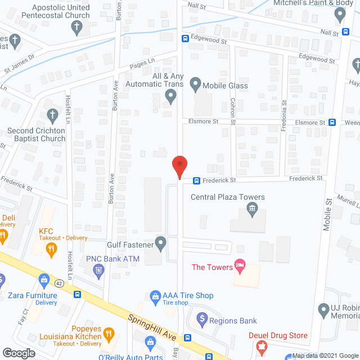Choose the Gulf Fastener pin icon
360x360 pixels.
pos(161,244)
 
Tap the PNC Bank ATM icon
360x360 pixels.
pos(98,271)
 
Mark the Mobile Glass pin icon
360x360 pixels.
pos(195,85)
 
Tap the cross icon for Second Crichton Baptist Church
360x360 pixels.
pos(52,116)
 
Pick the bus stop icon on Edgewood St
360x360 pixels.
pos(184,39)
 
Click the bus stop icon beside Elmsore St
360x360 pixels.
pos(332,122)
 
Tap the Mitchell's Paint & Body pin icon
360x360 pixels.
pos(339,15)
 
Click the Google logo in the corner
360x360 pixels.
pos(18,353)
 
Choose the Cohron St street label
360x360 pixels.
pos(232,107)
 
